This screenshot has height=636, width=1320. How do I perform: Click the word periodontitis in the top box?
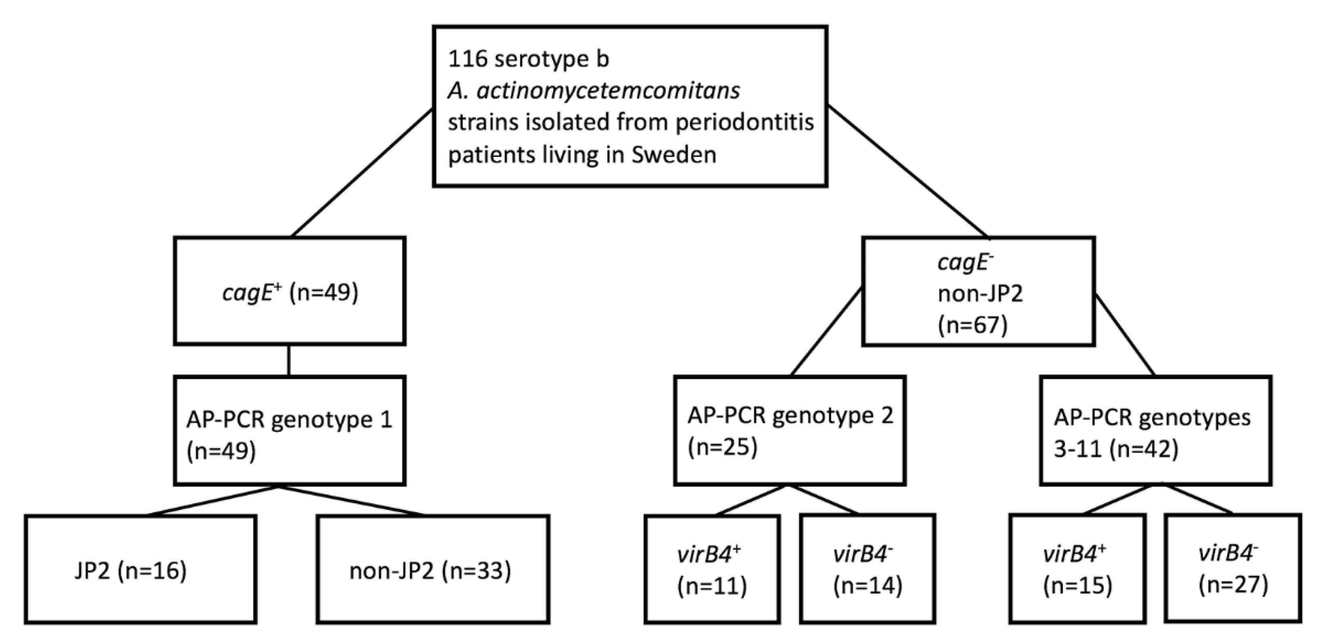pyautogui.click(x=745, y=122)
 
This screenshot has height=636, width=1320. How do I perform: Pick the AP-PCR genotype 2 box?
pyautogui.click(x=790, y=430)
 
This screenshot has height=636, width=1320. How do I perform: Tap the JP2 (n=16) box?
pyautogui.click(x=141, y=569)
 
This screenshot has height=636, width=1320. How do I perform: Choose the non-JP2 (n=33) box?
pyautogui.click(x=433, y=569)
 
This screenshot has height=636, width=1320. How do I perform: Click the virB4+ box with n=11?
pyautogui.click(x=712, y=569)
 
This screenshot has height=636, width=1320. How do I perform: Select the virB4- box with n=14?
pyautogui.click(x=867, y=569)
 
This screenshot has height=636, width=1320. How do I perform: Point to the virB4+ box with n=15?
pyautogui.click(x=1078, y=569)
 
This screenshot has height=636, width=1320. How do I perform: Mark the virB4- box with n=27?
pyautogui.click(x=1233, y=569)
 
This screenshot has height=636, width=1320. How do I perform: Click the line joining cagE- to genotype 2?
pyautogui.click(x=826, y=332)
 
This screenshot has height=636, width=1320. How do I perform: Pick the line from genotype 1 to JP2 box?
pyautogui.click(x=213, y=500)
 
